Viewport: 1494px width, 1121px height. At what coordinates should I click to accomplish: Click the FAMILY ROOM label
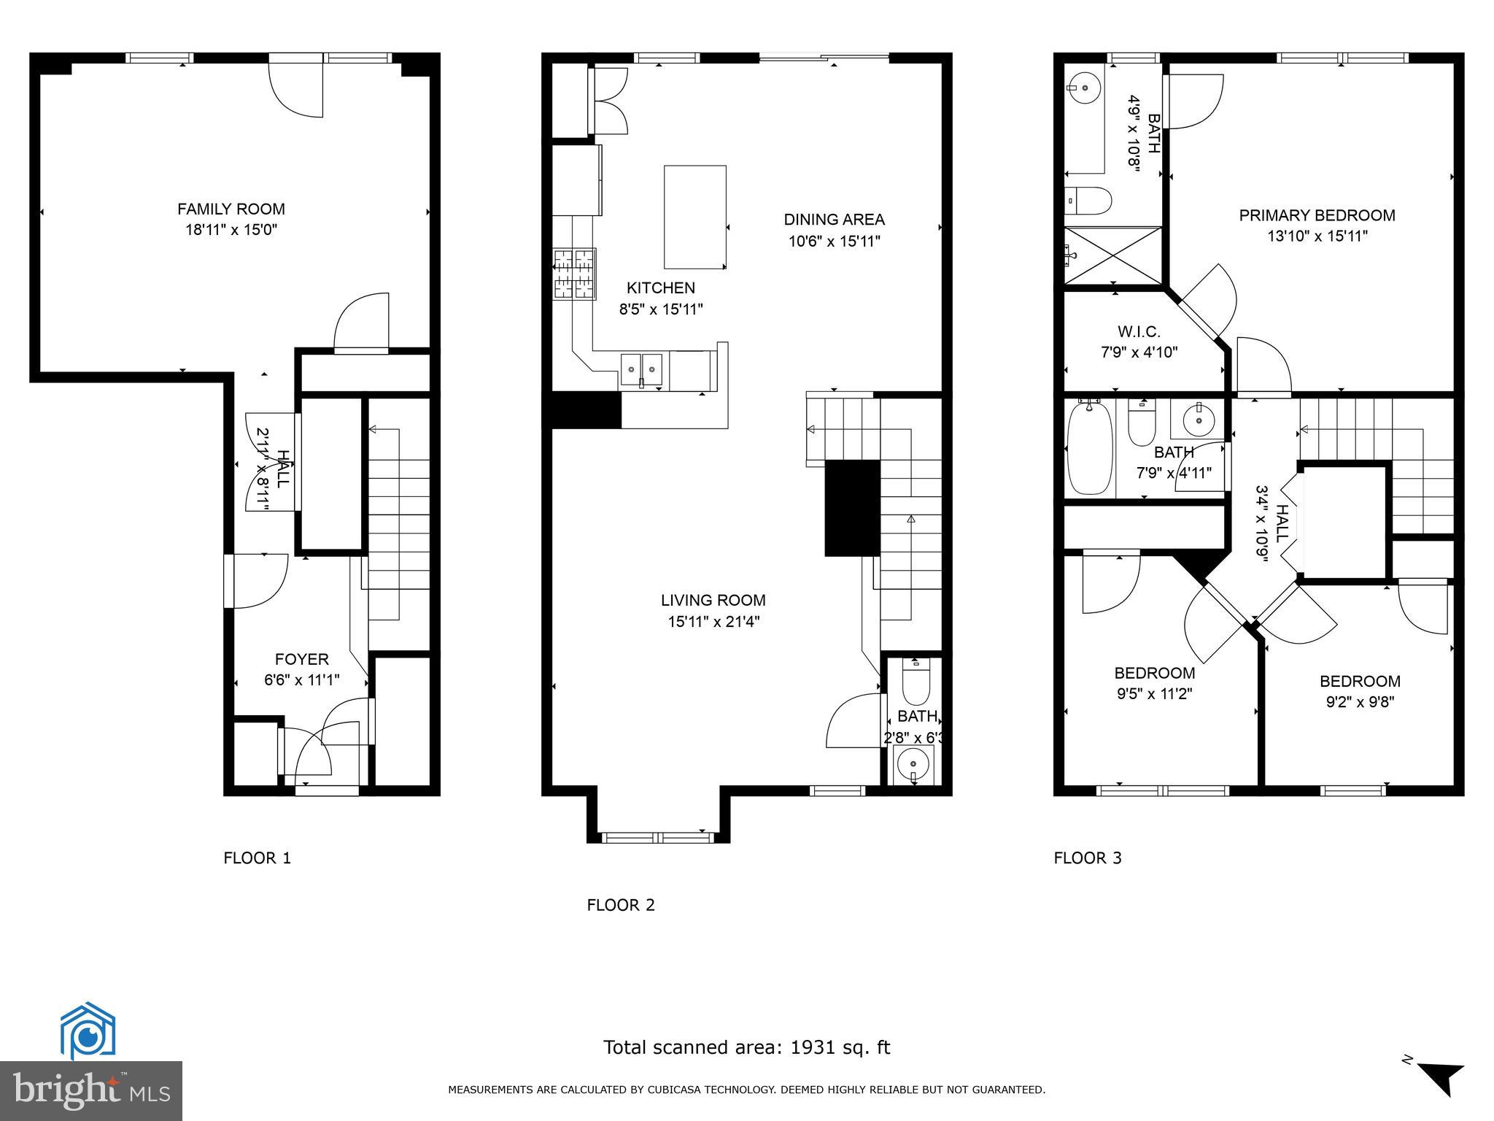[231, 209]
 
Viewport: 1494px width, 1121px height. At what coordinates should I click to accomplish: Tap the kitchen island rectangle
[694, 217]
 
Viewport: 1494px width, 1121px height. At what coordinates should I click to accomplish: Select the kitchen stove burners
[575, 274]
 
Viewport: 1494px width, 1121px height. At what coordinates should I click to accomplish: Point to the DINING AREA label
[834, 220]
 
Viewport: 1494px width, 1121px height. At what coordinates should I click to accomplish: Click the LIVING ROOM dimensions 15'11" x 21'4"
[713, 622]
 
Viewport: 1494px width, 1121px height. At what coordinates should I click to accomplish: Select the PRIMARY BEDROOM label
[1317, 215]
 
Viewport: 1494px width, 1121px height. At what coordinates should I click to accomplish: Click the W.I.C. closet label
[1139, 332]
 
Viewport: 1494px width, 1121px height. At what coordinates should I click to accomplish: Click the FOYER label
[301, 660]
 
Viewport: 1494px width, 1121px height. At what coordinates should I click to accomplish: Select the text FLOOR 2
[621, 906]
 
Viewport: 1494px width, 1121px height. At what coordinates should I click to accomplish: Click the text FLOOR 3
[1087, 858]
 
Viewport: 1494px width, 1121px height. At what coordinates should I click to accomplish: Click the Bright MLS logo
[90, 1091]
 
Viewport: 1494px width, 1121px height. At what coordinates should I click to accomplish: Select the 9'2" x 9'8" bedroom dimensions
[1360, 702]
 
